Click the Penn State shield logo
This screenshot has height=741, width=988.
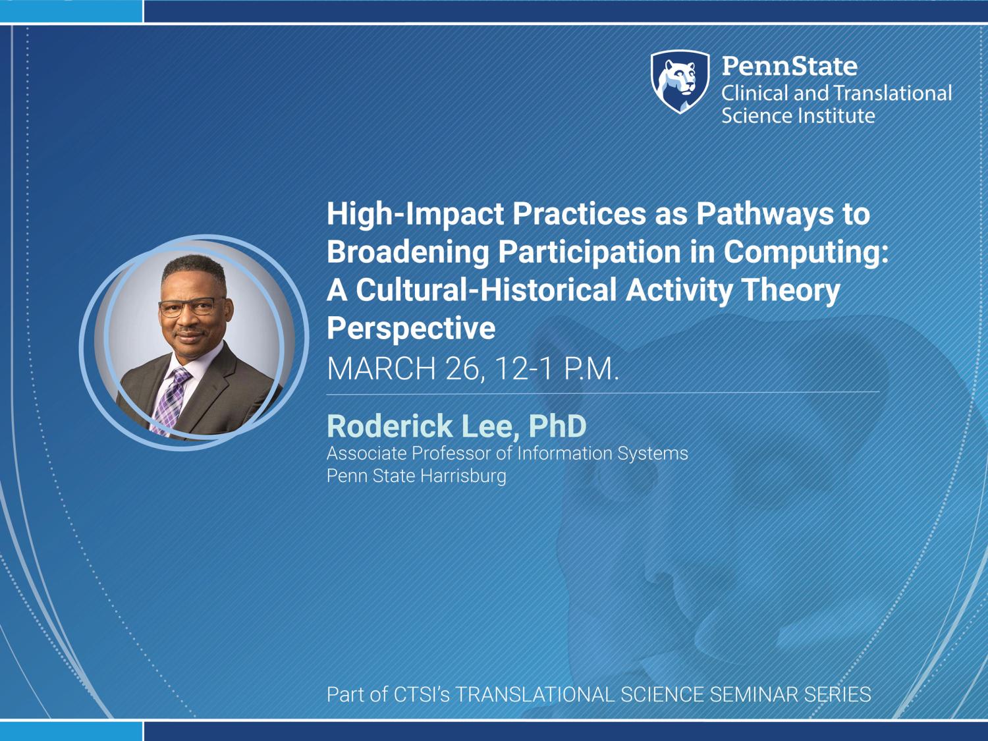[680, 82]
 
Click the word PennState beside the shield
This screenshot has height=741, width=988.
[790, 66]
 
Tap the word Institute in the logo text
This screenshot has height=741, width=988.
[836, 116]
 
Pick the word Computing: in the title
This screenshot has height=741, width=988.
[806, 253]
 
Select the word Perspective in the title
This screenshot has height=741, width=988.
[411, 329]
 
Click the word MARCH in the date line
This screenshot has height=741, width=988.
[381, 369]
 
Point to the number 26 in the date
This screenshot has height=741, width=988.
[465, 370]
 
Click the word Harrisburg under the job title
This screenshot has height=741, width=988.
[462, 476]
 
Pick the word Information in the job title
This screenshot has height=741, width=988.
[564, 454]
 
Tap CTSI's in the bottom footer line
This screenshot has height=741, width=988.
[422, 694]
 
